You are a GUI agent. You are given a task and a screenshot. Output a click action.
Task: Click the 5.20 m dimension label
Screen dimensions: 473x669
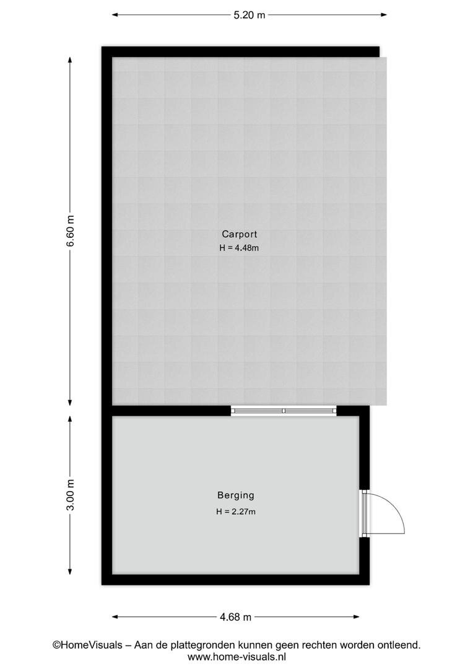(249, 15)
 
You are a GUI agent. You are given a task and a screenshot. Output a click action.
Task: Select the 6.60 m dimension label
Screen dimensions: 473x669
(71, 230)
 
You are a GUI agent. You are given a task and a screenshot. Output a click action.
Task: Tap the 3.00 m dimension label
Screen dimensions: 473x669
(71, 495)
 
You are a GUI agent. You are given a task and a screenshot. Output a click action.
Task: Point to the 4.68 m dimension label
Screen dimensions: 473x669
(235, 616)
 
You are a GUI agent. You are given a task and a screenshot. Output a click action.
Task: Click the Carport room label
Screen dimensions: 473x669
(239, 234)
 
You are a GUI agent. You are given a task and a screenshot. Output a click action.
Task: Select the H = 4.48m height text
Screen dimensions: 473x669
(239, 248)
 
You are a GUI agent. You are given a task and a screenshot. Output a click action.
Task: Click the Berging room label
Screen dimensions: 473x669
(236, 496)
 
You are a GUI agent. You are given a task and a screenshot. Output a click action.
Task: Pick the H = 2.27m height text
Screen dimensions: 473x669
(236, 512)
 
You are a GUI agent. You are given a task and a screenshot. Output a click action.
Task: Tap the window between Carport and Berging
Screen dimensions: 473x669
(284, 411)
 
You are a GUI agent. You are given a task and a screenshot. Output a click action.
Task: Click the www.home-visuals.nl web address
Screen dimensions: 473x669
(236, 657)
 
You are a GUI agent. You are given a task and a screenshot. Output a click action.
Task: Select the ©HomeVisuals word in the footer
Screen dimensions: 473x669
(87, 645)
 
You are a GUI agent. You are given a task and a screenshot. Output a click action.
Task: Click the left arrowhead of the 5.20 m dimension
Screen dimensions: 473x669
(115, 15)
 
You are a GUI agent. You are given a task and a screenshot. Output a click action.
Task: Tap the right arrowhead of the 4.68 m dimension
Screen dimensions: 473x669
(355, 616)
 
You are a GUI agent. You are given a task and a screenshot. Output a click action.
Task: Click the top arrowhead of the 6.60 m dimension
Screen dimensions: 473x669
(71, 61)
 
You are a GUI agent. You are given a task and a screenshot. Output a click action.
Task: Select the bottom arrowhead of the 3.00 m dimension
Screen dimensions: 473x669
(71, 571)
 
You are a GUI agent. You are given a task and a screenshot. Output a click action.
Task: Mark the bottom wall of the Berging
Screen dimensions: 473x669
(235, 579)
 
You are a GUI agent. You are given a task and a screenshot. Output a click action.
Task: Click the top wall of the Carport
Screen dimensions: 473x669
(241, 51)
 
